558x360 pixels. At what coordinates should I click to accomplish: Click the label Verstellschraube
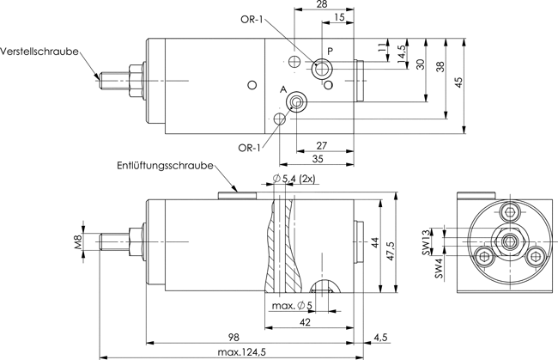(39, 52)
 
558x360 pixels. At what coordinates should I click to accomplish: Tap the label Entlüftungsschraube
(165, 166)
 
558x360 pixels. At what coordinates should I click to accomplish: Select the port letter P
(331, 51)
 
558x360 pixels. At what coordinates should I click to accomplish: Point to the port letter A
(283, 89)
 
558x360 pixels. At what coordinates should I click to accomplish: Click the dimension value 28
(322, 4)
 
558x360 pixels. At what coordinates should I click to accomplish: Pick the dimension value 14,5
(402, 54)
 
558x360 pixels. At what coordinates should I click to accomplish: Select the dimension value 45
(459, 82)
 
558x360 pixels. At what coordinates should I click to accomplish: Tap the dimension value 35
(318, 158)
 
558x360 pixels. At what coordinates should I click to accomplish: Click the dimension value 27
(321, 146)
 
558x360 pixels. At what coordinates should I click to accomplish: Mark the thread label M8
(78, 241)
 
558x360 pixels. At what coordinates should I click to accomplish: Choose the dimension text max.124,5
(241, 352)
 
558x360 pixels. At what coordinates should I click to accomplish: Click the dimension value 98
(234, 337)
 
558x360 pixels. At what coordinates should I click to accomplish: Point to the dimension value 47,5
(391, 251)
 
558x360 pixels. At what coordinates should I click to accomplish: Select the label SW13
(427, 242)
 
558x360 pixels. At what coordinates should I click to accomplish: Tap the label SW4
(440, 268)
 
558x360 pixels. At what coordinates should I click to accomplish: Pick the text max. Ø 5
(292, 306)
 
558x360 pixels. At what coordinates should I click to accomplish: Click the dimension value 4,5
(381, 337)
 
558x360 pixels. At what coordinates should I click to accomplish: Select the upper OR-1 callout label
(252, 19)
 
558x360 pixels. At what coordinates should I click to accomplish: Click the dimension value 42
(306, 322)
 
